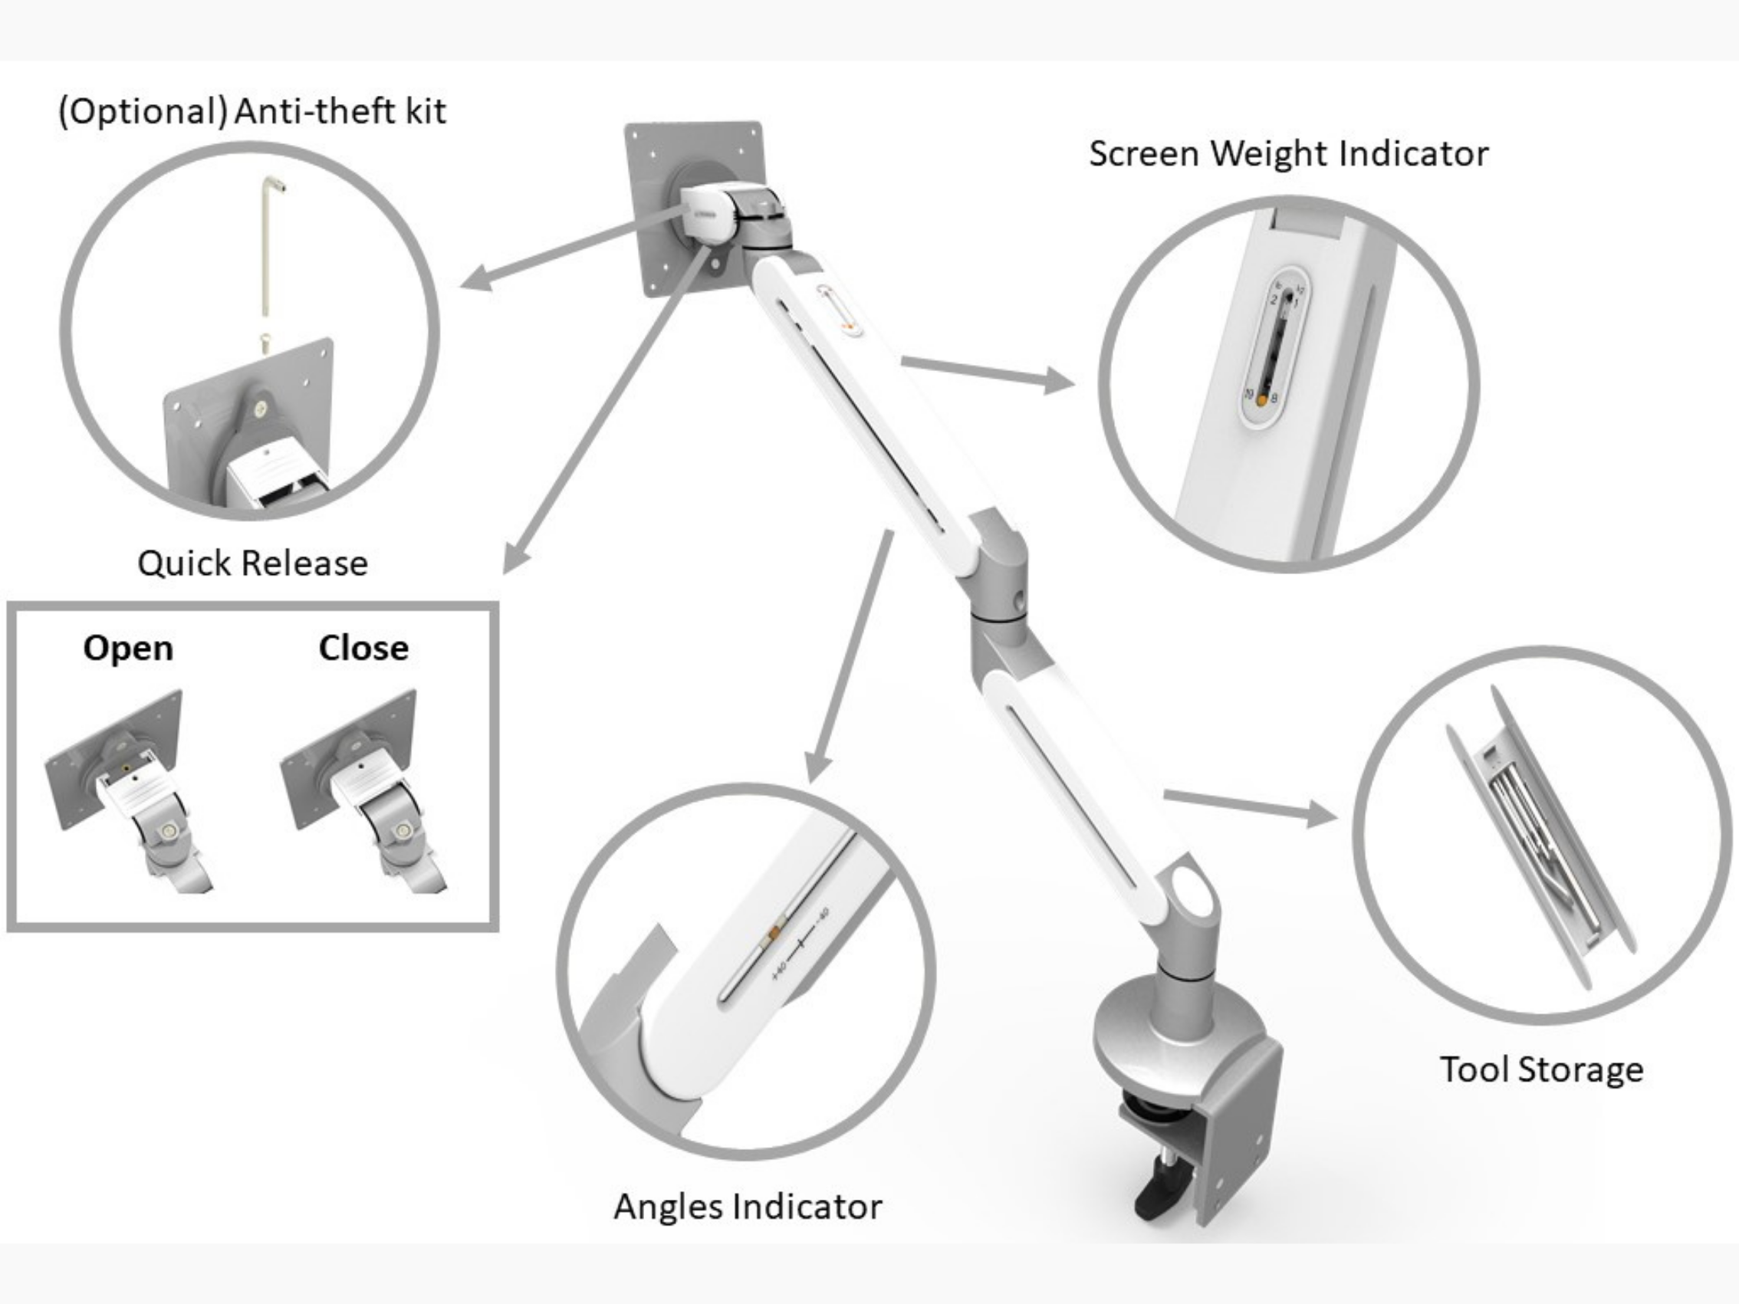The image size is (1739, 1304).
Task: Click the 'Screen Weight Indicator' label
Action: [1287, 153]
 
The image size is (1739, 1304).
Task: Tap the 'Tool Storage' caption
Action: [1541, 1069]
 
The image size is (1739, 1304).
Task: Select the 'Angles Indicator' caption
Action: [747, 1207]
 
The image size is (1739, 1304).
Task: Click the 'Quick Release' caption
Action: [252, 563]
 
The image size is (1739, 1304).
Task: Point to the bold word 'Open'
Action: [128, 648]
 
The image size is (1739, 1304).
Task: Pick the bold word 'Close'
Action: [363, 648]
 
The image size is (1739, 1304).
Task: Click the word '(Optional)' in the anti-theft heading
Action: [143, 111]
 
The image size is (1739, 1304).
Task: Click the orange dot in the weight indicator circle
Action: [1262, 400]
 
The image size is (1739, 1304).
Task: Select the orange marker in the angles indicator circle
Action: [774, 932]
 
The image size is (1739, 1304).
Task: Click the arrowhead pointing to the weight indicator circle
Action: [1057, 381]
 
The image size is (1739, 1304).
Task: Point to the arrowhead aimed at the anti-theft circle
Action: [478, 278]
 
